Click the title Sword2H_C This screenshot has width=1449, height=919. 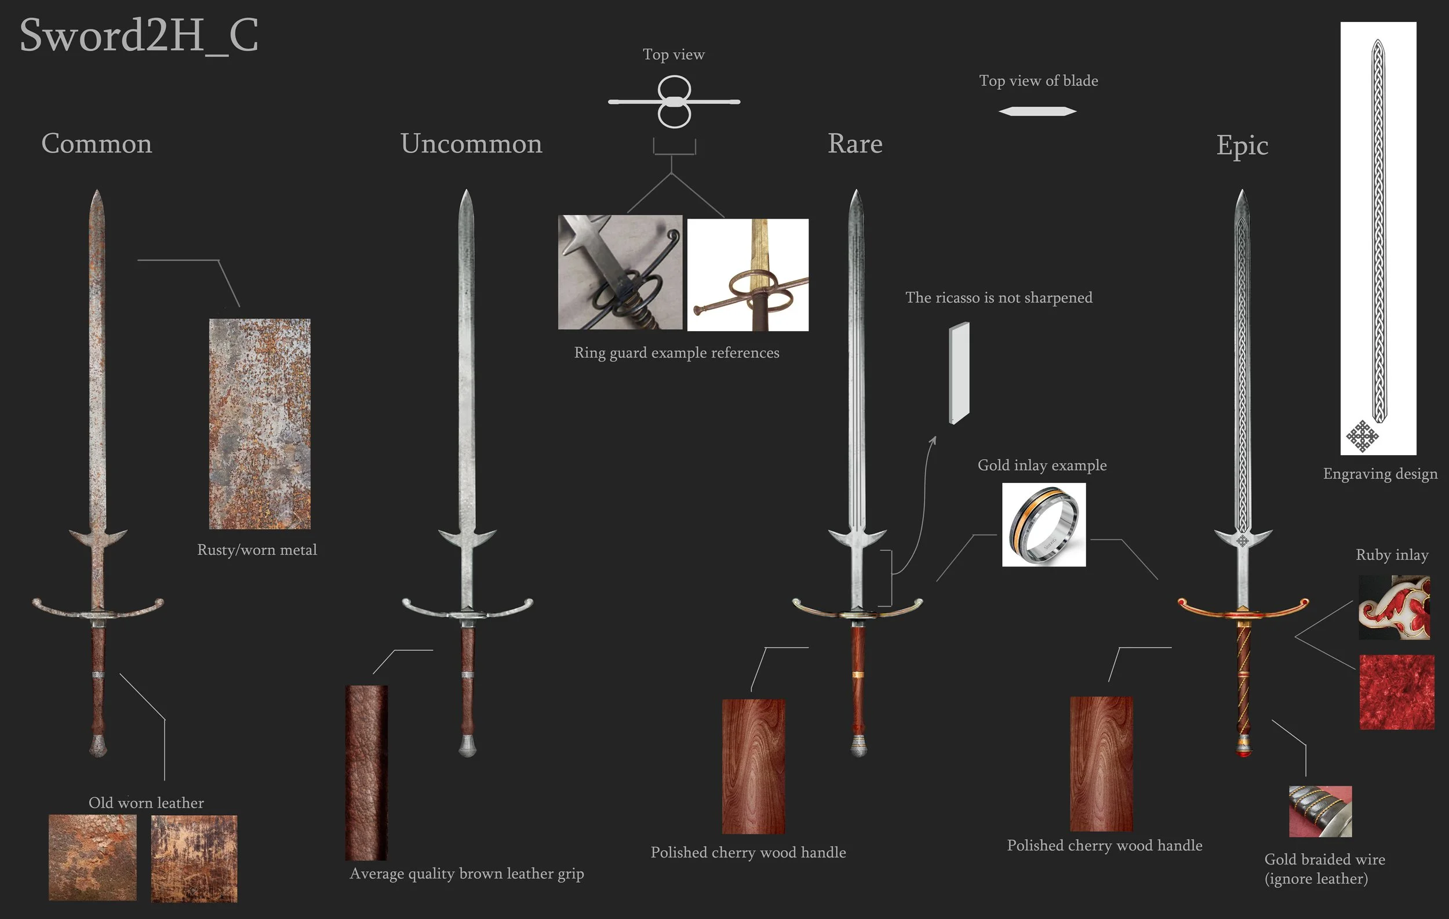pos(139,35)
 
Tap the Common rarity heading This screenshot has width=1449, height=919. pos(96,144)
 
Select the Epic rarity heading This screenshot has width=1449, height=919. pos(1242,145)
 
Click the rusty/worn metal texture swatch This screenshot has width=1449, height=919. pos(259,424)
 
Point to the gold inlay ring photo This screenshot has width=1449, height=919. pos(1043,524)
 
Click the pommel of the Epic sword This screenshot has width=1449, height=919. pos(1244,749)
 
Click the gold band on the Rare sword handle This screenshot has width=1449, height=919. pos(858,675)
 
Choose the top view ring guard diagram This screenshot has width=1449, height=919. pos(674,101)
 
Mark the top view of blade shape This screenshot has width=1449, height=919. pos(1037,111)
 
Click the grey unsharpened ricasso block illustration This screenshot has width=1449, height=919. pos(959,373)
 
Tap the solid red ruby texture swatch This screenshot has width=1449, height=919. pos(1397,692)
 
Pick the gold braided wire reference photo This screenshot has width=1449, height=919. pos(1320,811)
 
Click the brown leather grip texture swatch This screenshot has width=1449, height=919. pos(366,772)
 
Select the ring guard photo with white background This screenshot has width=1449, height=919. pos(747,275)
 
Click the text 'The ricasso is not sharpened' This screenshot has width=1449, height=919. pos(998,298)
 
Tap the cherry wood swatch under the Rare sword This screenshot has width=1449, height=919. pos(753,766)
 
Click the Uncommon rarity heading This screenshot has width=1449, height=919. pos(471,144)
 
